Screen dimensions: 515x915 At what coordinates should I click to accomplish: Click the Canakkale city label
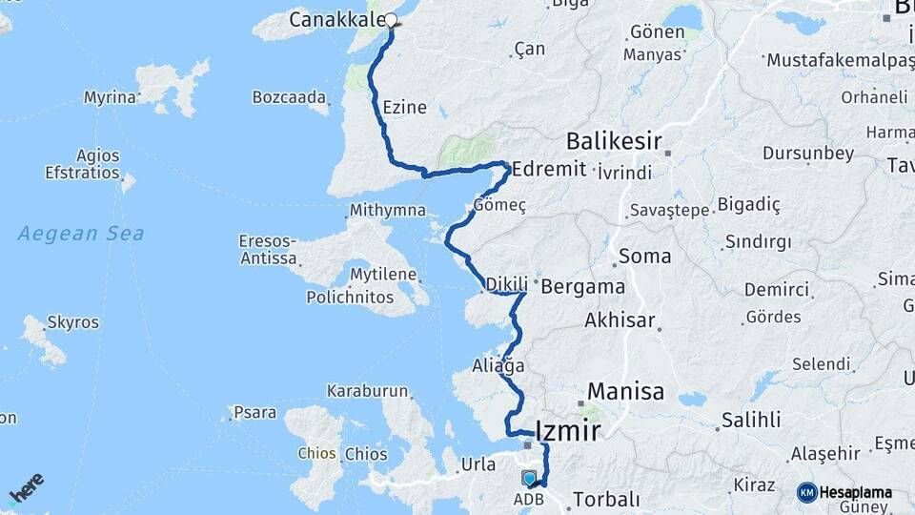tap(336, 19)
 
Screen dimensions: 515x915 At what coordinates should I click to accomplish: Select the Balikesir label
tap(614, 141)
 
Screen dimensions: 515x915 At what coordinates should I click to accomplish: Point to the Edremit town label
tap(546, 169)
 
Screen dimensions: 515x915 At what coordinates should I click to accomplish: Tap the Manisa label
tap(625, 391)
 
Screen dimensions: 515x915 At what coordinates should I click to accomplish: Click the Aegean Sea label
tap(82, 233)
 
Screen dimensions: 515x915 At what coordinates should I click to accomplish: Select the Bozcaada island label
tap(290, 97)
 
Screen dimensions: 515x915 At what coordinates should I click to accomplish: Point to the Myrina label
tap(111, 97)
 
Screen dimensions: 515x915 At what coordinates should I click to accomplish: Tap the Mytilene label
tap(383, 275)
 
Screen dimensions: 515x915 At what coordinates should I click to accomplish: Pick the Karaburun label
tap(367, 391)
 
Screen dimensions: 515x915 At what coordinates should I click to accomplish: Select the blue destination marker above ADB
tap(530, 479)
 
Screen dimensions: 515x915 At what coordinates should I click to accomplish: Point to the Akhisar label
tap(620, 319)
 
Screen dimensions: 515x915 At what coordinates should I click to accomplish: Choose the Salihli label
tap(750, 420)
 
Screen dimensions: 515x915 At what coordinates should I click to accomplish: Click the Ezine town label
tap(404, 108)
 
